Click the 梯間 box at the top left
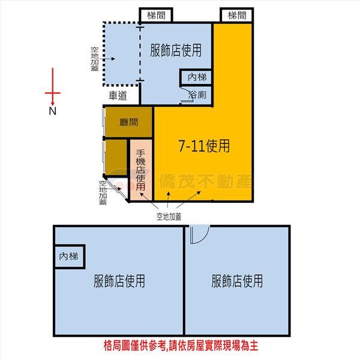coord(156,15)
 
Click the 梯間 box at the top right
coord(237,15)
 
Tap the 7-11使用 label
coord(204,146)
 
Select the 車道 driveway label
coord(118,95)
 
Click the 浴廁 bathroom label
coord(197,95)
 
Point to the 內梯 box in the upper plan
coord(196,77)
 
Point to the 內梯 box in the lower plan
coord(69,256)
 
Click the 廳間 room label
coord(128,122)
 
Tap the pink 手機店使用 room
coord(141,170)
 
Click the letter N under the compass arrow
coord(53,111)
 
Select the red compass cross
coord(53,93)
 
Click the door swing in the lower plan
coord(200,235)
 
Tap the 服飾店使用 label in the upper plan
coord(176,50)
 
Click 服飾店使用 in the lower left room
coord(119,281)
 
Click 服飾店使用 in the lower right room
coord(237,281)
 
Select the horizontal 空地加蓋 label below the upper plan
coord(169,217)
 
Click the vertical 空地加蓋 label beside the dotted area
coord(95,59)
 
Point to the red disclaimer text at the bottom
coord(181,346)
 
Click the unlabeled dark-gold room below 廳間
coord(116,157)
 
